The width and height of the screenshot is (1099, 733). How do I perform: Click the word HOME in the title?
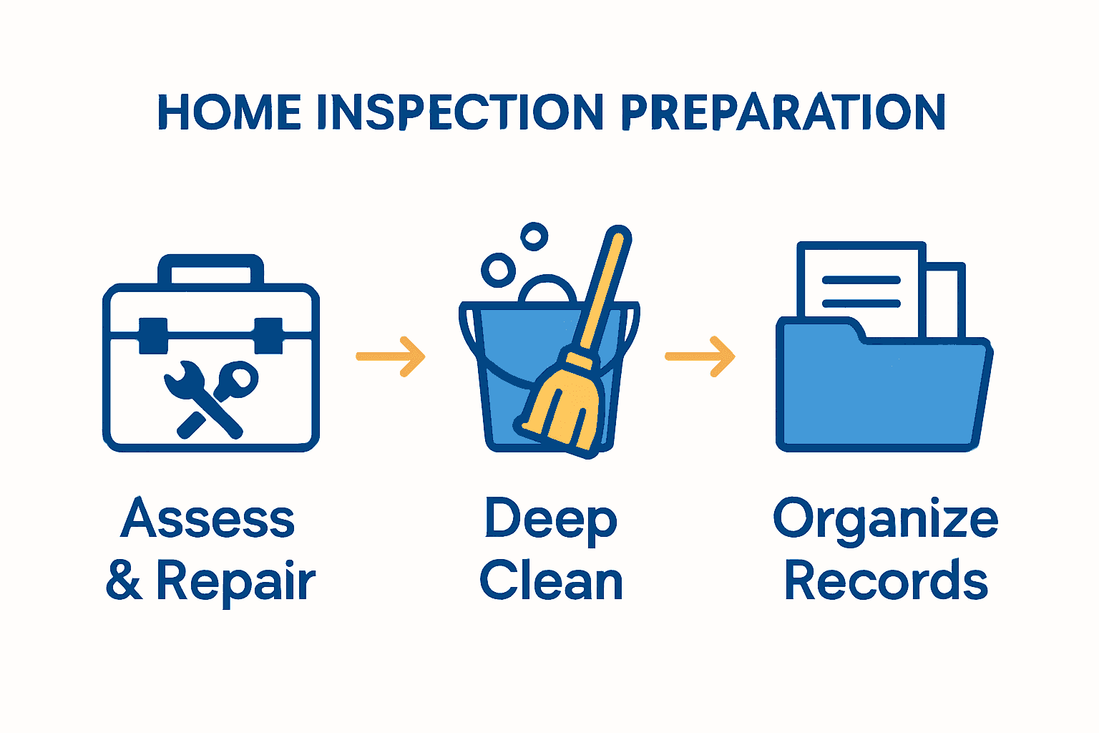pyautogui.click(x=229, y=112)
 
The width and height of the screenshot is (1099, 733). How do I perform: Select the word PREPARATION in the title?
pyautogui.click(x=782, y=112)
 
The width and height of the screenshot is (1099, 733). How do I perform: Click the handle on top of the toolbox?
pyautogui.click(x=210, y=266)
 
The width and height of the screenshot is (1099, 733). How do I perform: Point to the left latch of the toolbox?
pyautogui.click(x=153, y=335)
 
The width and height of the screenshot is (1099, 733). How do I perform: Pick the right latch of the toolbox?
pyautogui.click(x=268, y=335)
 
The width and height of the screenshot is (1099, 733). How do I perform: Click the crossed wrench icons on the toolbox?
pyautogui.click(x=210, y=397)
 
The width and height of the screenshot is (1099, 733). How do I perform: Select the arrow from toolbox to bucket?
pyautogui.click(x=391, y=356)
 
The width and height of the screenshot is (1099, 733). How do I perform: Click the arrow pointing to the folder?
pyautogui.click(x=700, y=356)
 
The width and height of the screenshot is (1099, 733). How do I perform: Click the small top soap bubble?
pyautogui.click(x=534, y=236)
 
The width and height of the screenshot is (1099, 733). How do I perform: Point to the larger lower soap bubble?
pyautogui.click(x=498, y=270)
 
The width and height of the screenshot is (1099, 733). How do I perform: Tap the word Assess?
pyautogui.click(x=207, y=518)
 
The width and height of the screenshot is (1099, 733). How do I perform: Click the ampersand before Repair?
pyautogui.click(x=124, y=581)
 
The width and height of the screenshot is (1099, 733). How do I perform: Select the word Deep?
pyautogui.click(x=550, y=520)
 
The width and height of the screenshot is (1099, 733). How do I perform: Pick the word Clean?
pyautogui.click(x=551, y=581)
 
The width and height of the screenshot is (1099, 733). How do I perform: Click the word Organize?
pyautogui.click(x=886, y=520)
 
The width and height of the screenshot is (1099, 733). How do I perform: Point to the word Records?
pyautogui.click(x=886, y=581)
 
